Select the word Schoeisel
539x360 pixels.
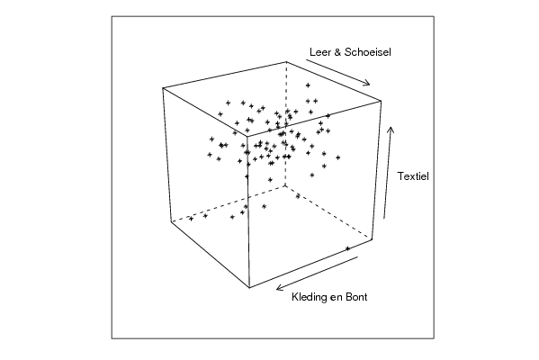[x=368, y=52]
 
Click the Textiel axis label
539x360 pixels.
[x=413, y=176]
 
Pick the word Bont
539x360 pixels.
[x=356, y=297]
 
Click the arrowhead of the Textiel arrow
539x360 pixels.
[x=391, y=129]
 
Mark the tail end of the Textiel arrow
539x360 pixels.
[x=384, y=219]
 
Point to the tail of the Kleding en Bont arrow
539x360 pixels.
[x=357, y=256]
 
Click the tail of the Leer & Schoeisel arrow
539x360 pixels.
[x=306, y=59]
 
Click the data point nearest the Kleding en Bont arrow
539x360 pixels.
[x=347, y=248]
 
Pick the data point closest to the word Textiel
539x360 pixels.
[x=338, y=157]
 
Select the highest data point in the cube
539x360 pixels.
[x=308, y=85]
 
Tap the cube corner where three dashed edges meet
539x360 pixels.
[x=285, y=185]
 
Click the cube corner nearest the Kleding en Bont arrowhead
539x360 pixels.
[x=249, y=287]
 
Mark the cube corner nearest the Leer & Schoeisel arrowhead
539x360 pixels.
[x=381, y=101]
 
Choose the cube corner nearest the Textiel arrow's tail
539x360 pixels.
[x=372, y=239]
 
